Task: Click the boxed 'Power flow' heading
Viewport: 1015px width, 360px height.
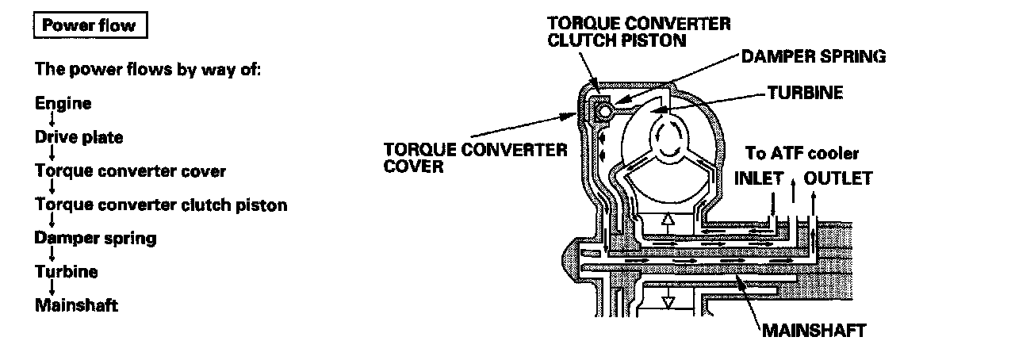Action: (x=89, y=25)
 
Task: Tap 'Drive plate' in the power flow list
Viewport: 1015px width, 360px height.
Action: (x=79, y=137)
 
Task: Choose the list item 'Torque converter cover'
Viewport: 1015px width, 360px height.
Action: (x=131, y=171)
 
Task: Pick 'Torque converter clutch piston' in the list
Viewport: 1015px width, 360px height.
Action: (x=161, y=205)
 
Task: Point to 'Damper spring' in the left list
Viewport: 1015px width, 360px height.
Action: (x=95, y=238)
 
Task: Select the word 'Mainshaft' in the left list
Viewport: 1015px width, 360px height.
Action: (x=76, y=305)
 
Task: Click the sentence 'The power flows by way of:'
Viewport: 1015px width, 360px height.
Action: (x=148, y=68)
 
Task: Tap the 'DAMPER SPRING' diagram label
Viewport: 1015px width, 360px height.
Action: (x=813, y=56)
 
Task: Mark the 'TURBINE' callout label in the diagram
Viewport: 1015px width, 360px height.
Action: (x=805, y=93)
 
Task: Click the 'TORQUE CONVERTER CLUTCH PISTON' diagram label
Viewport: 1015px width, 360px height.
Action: (x=639, y=32)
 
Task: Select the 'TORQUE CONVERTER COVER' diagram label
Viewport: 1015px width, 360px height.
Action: (x=476, y=157)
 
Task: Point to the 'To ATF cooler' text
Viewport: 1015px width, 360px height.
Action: (x=802, y=153)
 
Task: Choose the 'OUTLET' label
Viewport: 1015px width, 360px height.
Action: (x=838, y=178)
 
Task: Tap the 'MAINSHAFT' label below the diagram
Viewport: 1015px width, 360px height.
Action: (x=813, y=330)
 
